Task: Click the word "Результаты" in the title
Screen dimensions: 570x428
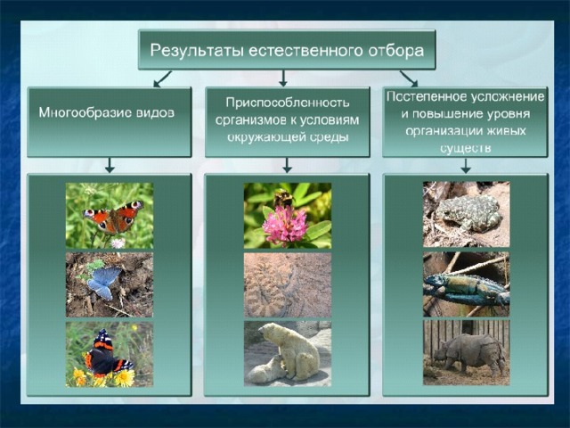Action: pos(197,51)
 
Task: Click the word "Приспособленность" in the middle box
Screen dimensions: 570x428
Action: pos(287,103)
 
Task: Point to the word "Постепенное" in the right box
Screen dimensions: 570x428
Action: pos(427,97)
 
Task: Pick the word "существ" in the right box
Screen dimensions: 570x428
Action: pos(465,148)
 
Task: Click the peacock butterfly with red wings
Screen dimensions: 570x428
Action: pos(113,218)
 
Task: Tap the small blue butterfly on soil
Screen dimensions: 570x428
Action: pos(104,282)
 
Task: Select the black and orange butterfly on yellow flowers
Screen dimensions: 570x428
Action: pos(107,354)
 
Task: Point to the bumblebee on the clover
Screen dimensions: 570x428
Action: pos(284,199)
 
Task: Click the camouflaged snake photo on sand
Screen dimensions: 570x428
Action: pos(288,285)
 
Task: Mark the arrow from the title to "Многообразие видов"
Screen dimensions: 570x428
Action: pos(162,78)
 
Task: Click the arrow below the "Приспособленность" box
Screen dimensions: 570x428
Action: pos(287,165)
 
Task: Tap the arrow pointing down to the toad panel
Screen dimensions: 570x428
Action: pos(466,165)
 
